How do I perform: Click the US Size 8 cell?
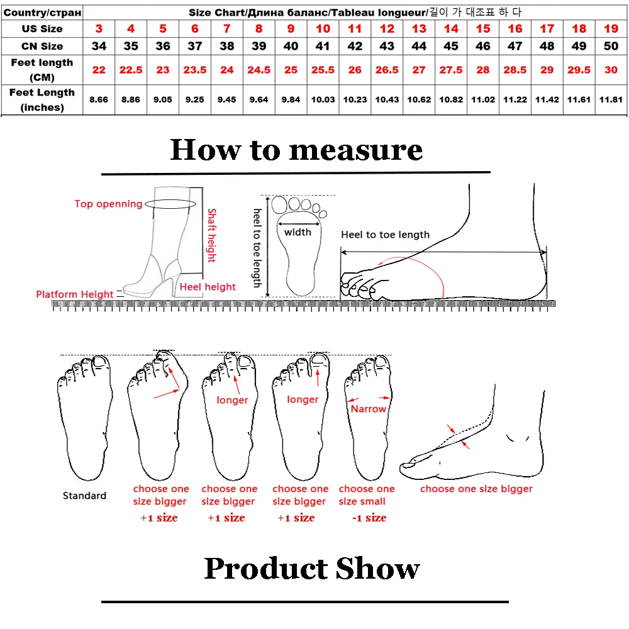pos(259,29)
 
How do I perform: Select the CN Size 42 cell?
pos(355,46)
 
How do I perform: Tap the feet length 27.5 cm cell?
pos(451,70)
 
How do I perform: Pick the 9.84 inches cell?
pos(291,99)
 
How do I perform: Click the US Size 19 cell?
pos(611,29)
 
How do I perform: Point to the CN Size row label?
pos(42,46)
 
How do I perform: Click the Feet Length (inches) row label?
pos(42,99)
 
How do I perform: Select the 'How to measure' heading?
pos(296,150)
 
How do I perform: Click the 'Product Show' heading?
pos(311,569)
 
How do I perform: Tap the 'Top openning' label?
pos(108,204)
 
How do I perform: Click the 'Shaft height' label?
pos(211,235)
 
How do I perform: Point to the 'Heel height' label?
pos(208,287)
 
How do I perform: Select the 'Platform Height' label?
pos(75,294)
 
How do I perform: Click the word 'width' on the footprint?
pos(298,232)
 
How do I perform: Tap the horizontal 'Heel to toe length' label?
pos(385,235)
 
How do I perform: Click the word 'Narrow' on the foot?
pos(368,409)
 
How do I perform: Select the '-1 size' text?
pos(369,518)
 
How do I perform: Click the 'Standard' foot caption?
pos(84,496)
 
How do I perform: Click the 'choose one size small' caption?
pos(367,495)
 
